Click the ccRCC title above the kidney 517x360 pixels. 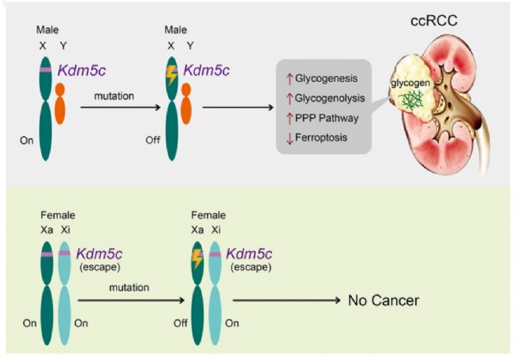click(x=434, y=21)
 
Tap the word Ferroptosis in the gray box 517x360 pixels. click(x=321, y=137)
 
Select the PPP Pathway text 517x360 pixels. click(x=327, y=118)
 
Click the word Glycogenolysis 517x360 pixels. click(x=330, y=99)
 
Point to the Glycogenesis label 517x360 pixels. click(x=326, y=79)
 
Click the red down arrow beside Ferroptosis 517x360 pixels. click(x=290, y=138)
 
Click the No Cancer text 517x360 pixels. click(x=383, y=300)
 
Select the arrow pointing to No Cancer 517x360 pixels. click(x=286, y=300)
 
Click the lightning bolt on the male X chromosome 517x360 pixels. click(x=171, y=75)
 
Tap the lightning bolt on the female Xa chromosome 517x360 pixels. click(x=196, y=258)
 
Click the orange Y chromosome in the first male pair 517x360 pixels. click(x=60, y=103)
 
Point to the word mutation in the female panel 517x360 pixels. click(x=129, y=288)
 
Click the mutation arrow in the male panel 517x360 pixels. click(x=120, y=107)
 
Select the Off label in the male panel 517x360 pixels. click(x=153, y=141)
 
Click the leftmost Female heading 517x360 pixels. click(x=58, y=215)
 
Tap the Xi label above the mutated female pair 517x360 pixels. click(x=216, y=230)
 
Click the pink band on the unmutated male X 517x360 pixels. click(x=45, y=70)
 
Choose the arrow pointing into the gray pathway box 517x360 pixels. click(x=238, y=107)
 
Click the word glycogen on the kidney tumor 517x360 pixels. click(x=410, y=83)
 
